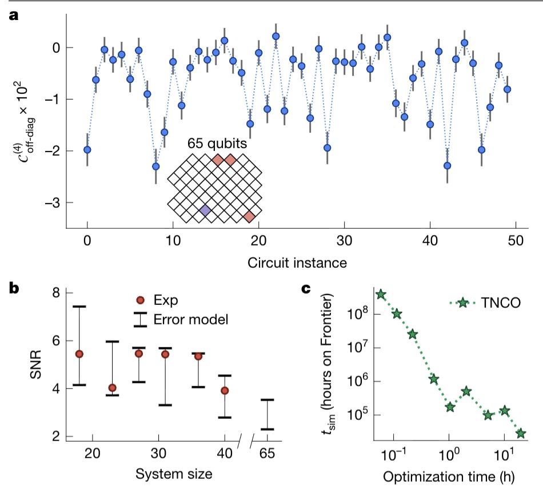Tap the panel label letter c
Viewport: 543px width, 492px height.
[306, 288]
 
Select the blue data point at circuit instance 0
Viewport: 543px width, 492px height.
[87, 150]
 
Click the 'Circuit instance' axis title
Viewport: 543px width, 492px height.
[301, 263]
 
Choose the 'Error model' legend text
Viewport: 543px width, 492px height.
[191, 319]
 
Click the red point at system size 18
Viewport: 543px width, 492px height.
[79, 354]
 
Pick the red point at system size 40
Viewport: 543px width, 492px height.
[225, 390]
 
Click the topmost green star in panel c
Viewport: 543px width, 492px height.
[381, 294]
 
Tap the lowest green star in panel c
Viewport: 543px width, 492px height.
[521, 434]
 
